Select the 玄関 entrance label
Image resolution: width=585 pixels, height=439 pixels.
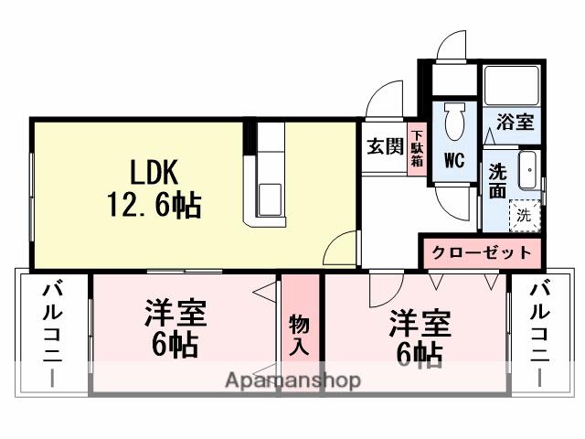pos(385,146)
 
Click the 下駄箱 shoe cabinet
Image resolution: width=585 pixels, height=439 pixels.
pos(417,148)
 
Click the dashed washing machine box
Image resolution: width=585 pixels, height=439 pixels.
pos(525,216)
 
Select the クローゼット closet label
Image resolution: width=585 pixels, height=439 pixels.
pos(481,252)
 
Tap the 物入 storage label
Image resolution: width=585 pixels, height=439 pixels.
pos(299,334)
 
